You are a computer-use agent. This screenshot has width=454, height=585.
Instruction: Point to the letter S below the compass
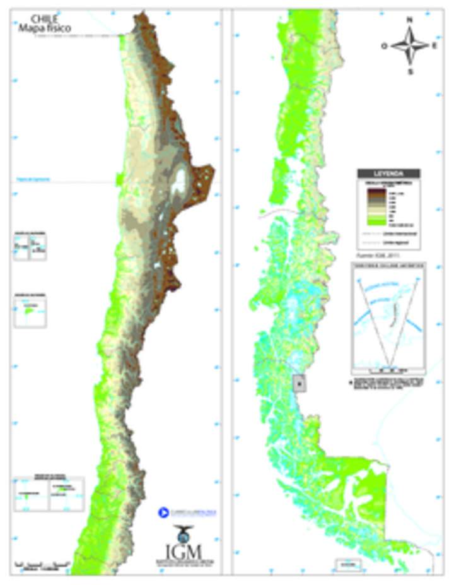coord(409,71)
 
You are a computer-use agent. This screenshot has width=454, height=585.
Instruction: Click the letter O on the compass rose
coord(383,46)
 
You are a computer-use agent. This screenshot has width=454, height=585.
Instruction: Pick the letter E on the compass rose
coord(434,46)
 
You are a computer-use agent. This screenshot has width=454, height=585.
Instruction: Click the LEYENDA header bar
coord(388,174)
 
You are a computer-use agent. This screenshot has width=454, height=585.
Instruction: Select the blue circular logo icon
coord(163,512)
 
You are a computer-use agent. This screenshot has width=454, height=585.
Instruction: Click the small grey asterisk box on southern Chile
coord(300,383)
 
